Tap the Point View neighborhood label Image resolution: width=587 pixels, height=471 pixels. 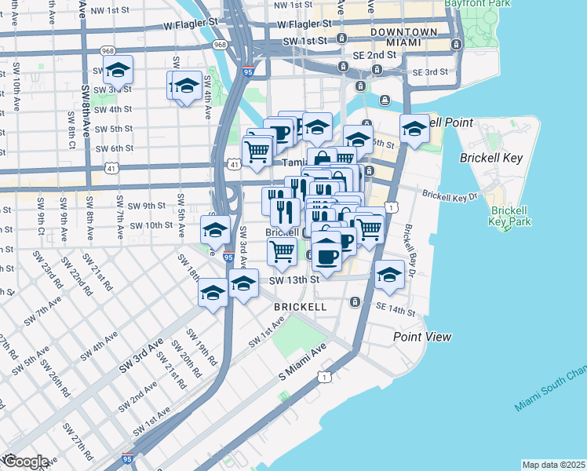tap(422, 337)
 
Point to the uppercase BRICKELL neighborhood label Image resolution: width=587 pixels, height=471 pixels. tap(300, 306)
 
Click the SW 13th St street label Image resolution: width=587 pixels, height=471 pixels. tap(295, 279)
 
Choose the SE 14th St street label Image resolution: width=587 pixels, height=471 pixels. tap(395, 310)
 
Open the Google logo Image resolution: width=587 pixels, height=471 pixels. tap(25, 462)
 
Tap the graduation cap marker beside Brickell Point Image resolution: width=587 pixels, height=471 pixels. tap(414, 130)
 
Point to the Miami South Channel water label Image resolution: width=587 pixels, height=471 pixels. tap(549, 392)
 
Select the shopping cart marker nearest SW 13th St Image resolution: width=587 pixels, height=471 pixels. tap(281, 251)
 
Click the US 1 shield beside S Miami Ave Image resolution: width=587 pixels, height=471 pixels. tap(324, 378)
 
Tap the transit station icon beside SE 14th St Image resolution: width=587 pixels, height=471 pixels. tap(355, 302)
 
